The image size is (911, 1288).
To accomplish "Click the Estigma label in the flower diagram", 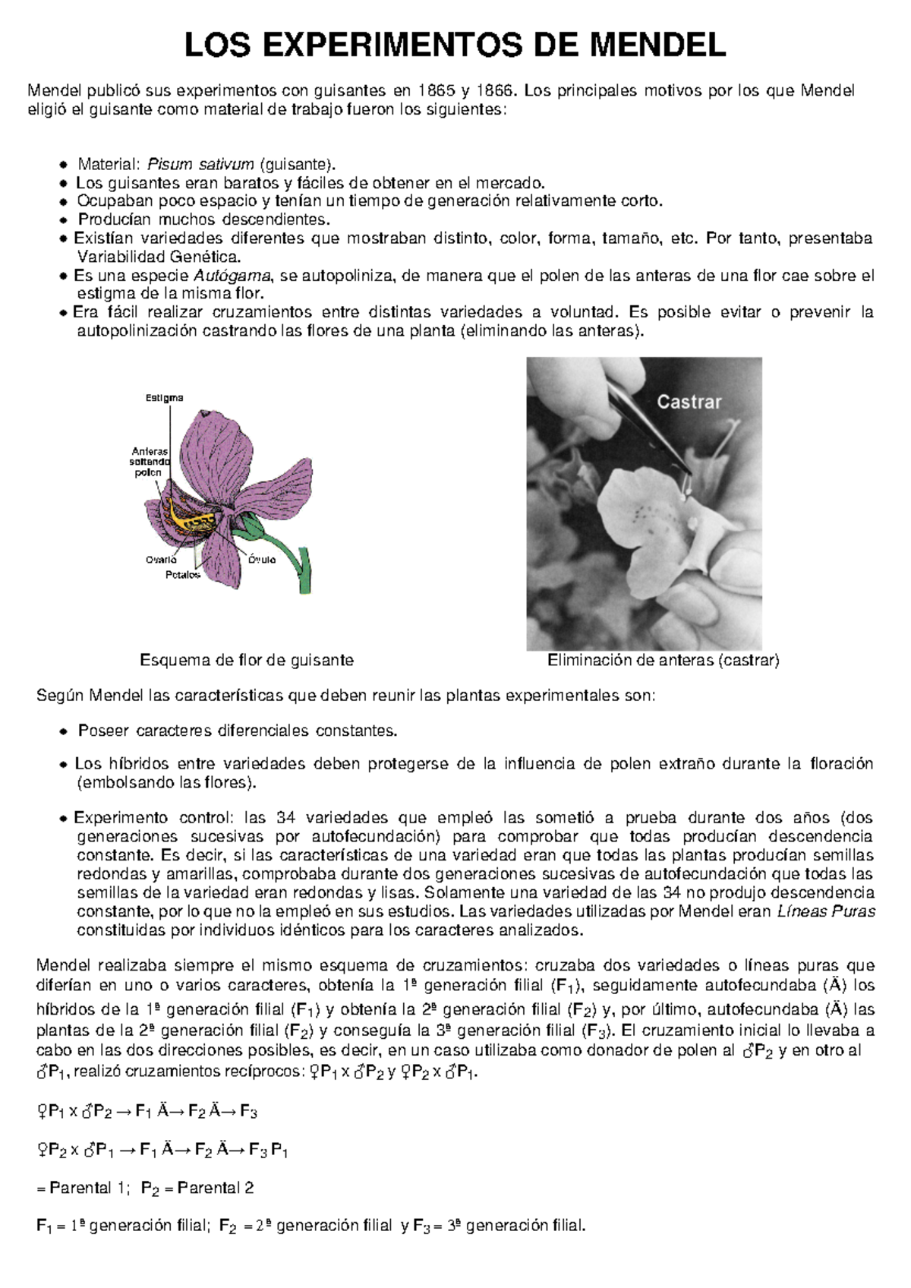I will tap(164, 398).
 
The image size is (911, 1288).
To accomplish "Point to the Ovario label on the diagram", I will tap(161, 560).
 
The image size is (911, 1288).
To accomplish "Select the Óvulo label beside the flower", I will tap(262, 560).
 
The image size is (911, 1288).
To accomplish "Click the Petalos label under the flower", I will tap(183, 575).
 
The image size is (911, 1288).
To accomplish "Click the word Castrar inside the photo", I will tap(689, 402).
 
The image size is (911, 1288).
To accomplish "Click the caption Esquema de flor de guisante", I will tap(247, 660).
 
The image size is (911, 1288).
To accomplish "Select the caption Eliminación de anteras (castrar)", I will tap(664, 660).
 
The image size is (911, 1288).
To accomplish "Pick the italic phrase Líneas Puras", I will tap(827, 911).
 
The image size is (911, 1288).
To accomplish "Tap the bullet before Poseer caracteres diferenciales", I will tap(64, 732).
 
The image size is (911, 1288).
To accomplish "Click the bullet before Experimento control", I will tap(64, 819).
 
